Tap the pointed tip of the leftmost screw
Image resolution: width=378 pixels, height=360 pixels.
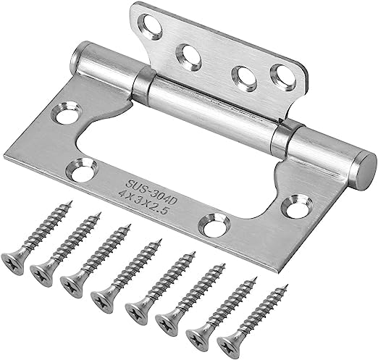[x=71, y=203]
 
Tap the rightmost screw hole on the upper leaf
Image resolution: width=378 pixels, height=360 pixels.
[x=280, y=75]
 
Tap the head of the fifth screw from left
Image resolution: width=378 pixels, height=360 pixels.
[x=136, y=310]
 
